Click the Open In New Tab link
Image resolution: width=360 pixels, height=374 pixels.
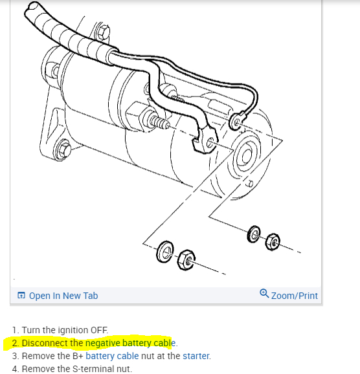pos(63,296)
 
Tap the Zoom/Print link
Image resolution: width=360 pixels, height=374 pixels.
pos(294,296)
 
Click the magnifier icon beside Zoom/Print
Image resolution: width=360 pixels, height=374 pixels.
pos(264,294)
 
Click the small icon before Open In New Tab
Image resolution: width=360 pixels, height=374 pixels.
pos(21,296)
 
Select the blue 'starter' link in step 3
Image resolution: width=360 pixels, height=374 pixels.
pos(196,356)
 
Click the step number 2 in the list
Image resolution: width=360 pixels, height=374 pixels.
pos(15,343)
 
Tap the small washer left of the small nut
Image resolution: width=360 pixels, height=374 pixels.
pos(254,234)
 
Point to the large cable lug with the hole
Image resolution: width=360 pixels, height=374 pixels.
pos(208,140)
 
